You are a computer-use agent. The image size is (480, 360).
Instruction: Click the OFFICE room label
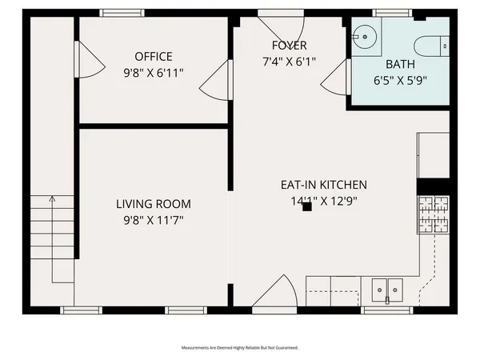coord(154,56)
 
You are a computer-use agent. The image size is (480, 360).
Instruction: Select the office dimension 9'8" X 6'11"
coord(154,72)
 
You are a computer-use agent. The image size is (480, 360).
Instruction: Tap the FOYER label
coord(289,46)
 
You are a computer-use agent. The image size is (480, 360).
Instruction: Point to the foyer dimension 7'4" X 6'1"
coord(289,62)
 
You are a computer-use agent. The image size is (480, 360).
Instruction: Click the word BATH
coord(400,64)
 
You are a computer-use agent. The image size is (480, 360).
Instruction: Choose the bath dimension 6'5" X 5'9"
coord(400,80)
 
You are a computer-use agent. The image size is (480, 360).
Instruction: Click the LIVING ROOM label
coord(154,204)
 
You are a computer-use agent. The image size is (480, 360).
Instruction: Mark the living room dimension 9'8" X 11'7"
coord(154,221)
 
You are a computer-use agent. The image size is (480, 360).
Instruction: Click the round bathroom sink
coord(365,36)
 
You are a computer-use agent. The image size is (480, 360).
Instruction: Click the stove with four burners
coord(434,215)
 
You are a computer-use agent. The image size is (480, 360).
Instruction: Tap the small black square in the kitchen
coord(306,206)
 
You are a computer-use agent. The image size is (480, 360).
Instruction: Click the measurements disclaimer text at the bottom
coord(239,348)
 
